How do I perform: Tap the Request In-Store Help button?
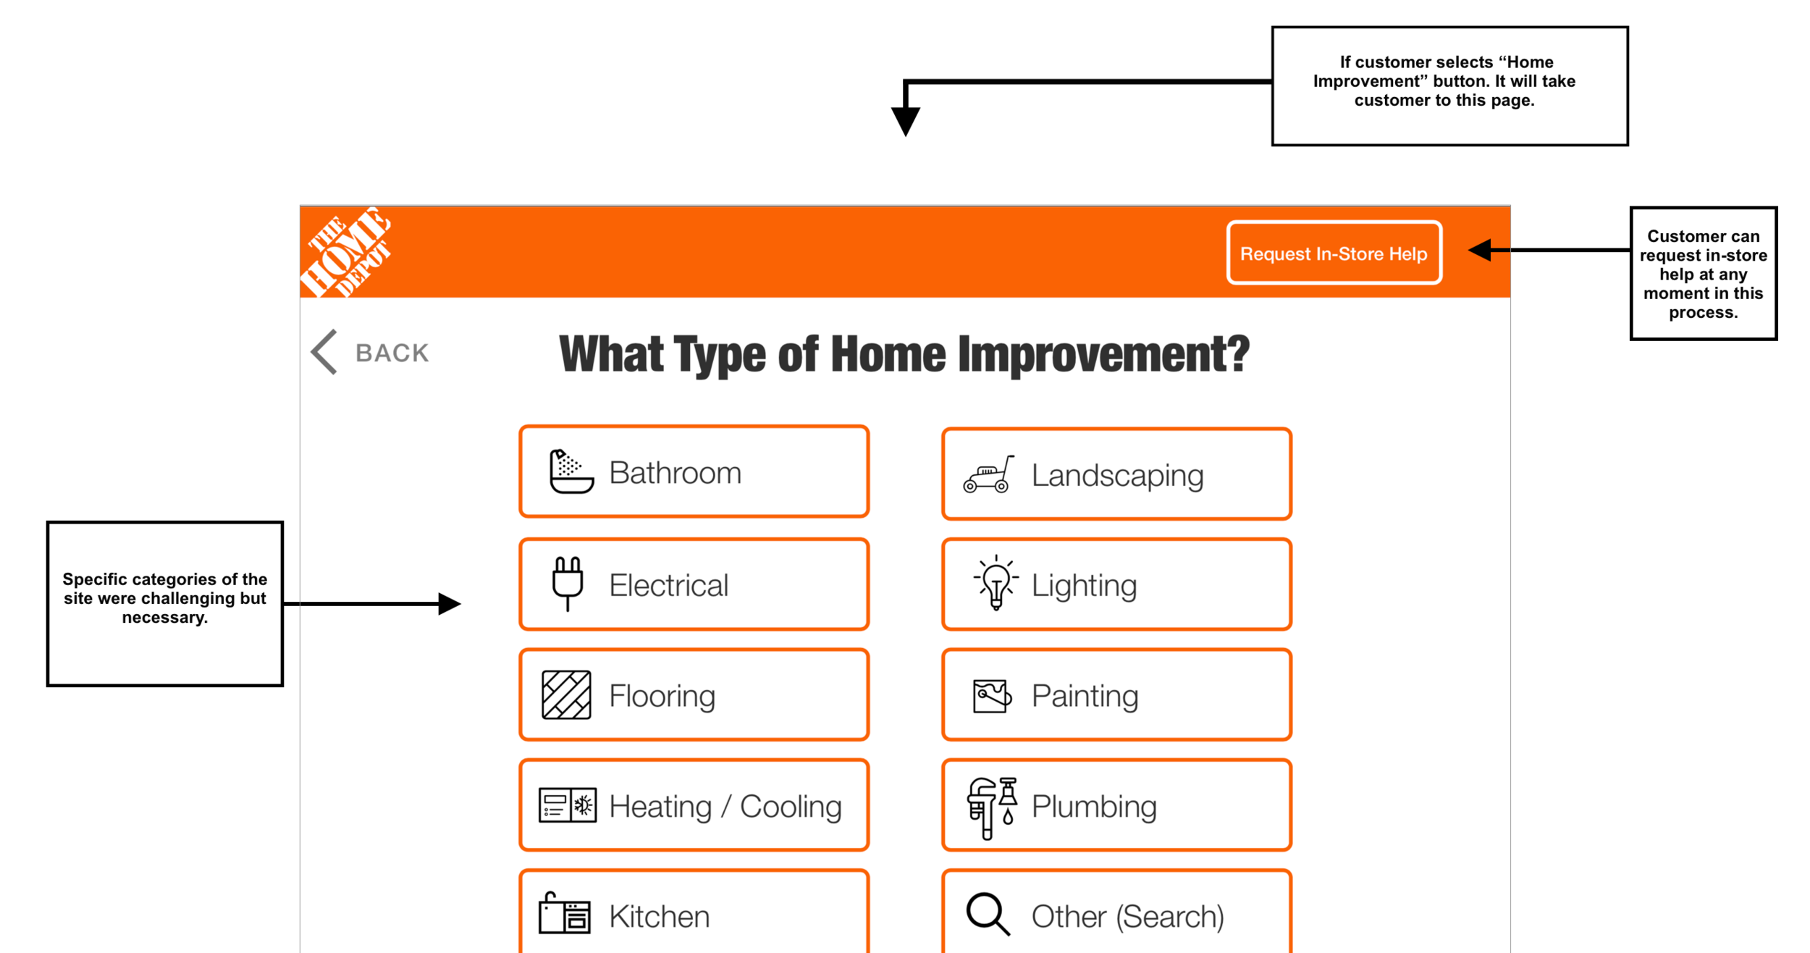click(1334, 253)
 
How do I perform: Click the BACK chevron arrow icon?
click(324, 352)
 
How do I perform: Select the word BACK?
click(392, 353)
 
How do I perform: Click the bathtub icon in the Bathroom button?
click(571, 471)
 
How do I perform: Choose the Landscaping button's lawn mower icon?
click(988, 475)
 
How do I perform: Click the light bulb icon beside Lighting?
click(996, 584)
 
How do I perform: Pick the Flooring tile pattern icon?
click(566, 695)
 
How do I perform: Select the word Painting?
click(1085, 695)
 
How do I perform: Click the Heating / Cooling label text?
click(725, 806)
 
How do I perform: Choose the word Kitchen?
click(659, 916)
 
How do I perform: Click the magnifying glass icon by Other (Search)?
click(988, 914)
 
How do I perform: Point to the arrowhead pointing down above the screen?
click(905, 120)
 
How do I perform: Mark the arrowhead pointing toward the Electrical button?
click(449, 603)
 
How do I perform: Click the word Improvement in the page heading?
click(1103, 354)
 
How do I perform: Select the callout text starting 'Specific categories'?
click(164, 598)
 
